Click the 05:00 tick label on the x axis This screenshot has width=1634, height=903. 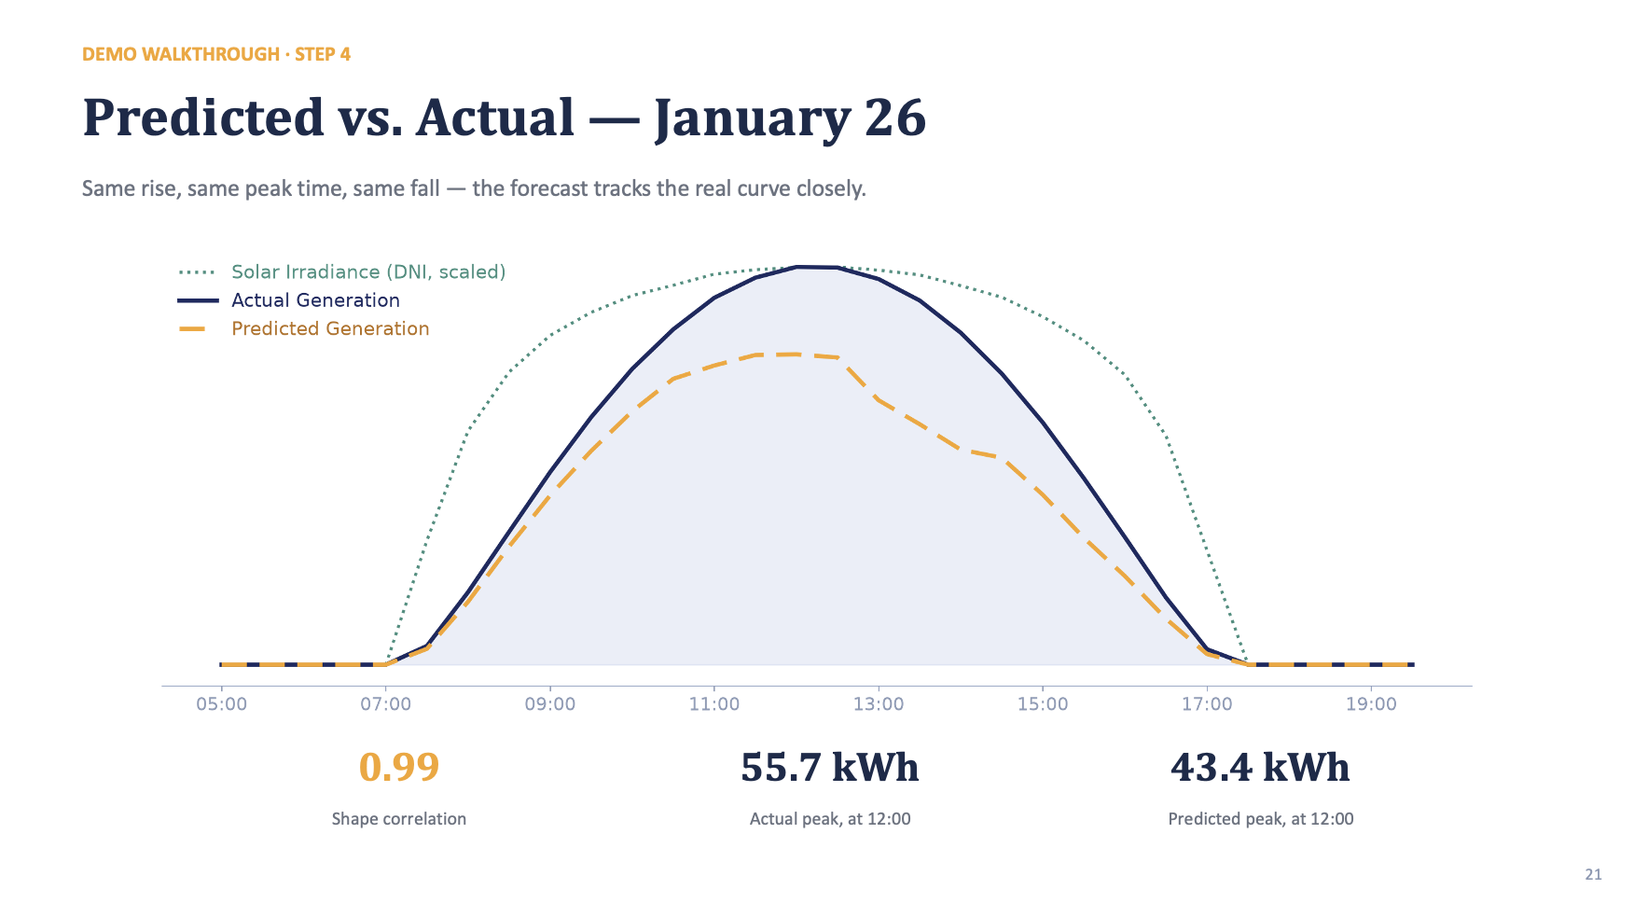pyautogui.click(x=221, y=704)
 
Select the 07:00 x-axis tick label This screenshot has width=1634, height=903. pyautogui.click(x=385, y=704)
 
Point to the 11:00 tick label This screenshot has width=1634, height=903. pyautogui.click(x=714, y=704)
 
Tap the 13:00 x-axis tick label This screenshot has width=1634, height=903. pyautogui.click(x=879, y=704)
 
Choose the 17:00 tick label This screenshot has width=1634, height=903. pyautogui.click(x=1207, y=704)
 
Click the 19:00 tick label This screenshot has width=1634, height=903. pyautogui.click(x=1371, y=704)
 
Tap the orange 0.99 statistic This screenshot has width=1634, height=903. pyautogui.click(x=399, y=767)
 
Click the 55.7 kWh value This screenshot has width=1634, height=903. pyautogui.click(x=830, y=767)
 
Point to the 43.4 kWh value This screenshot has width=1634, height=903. pyautogui.click(x=1260, y=767)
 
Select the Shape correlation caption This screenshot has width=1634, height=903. pyautogui.click(x=399, y=819)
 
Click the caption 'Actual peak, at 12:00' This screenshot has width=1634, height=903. pyautogui.click(x=830, y=819)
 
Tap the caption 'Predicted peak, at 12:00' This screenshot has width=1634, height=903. pyautogui.click(x=1261, y=819)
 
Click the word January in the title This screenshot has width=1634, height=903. pyautogui.click(x=753, y=118)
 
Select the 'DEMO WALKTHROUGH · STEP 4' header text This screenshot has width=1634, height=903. pyautogui.click(x=216, y=54)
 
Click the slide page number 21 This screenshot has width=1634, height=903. pyautogui.click(x=1593, y=874)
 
